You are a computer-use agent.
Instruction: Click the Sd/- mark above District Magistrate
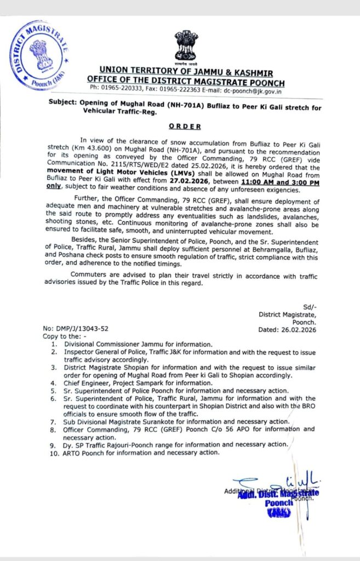tap(310, 306)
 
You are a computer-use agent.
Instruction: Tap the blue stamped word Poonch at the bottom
tap(278, 503)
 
